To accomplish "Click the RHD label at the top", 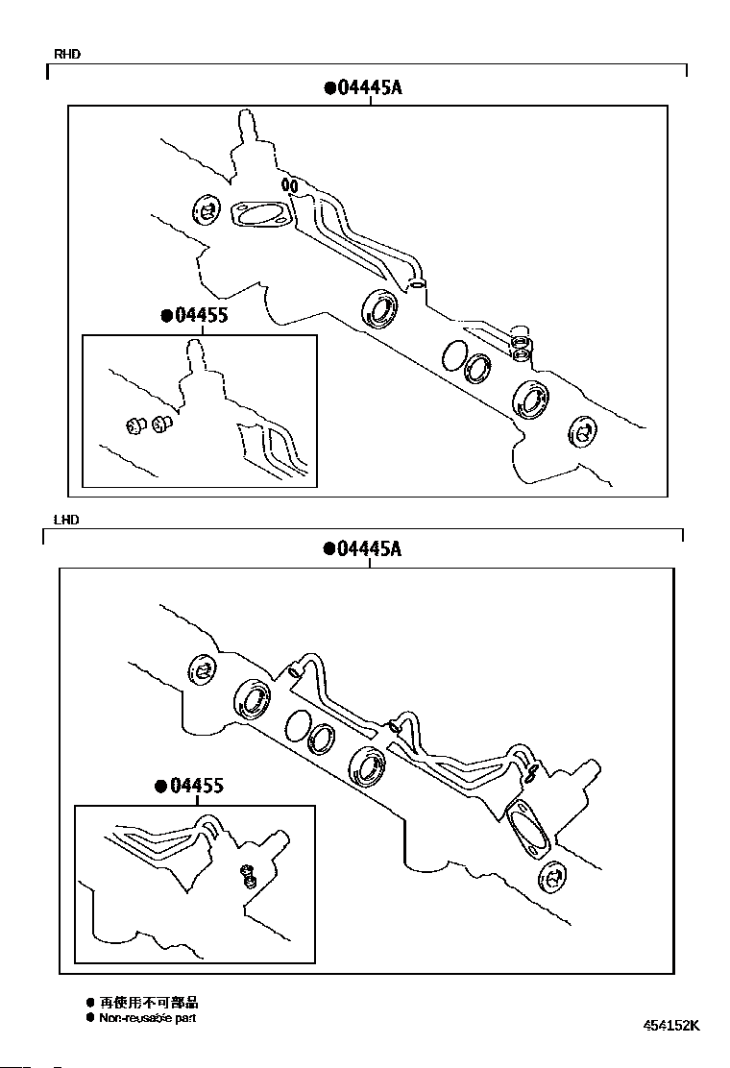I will coord(67,55).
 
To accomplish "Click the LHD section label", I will coord(66,520).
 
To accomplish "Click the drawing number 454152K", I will coord(671,1025).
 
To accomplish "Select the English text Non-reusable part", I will coord(147,1017).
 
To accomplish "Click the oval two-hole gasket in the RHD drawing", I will coord(260,216).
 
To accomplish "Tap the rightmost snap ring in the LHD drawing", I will coord(552,878).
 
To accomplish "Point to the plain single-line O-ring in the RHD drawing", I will coord(454,356).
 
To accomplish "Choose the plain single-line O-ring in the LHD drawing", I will coord(298,726).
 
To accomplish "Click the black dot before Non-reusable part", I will coord(90,1017).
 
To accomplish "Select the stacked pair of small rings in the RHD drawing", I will coord(520,347).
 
